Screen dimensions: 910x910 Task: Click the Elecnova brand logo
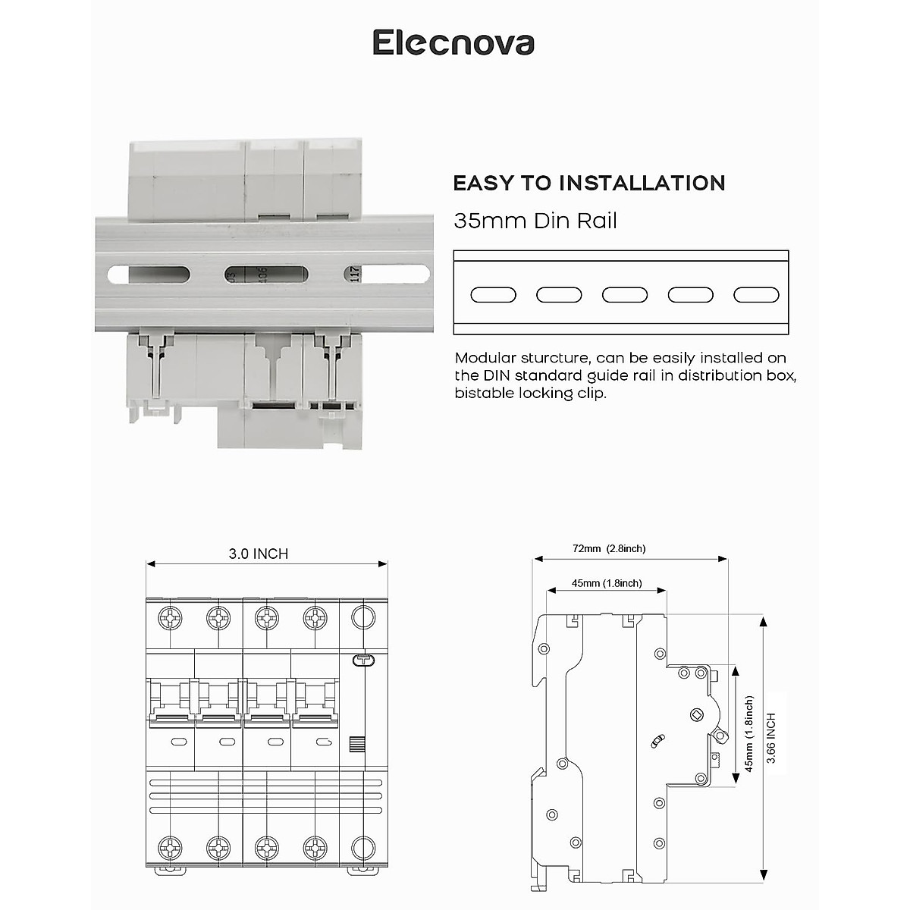point(453,42)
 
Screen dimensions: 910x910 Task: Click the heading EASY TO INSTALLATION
point(588,184)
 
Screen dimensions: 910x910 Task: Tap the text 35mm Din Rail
point(535,221)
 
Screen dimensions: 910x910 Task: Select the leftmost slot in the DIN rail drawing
point(493,295)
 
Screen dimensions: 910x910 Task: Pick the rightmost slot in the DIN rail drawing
point(756,295)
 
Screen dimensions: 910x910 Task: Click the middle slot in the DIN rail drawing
point(625,295)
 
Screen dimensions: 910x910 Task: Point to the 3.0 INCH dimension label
point(259,554)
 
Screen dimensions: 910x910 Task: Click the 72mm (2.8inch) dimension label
point(610,548)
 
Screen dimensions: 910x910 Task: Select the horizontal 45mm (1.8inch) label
point(607,583)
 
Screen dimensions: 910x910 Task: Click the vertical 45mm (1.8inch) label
point(749,734)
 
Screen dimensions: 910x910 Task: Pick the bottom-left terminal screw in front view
point(171,848)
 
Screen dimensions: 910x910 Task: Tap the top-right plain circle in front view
point(364,618)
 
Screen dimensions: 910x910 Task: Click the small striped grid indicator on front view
point(356,743)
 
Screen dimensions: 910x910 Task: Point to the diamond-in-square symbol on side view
point(696,714)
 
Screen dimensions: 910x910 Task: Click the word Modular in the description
point(485,358)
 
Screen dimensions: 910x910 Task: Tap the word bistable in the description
point(484,393)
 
